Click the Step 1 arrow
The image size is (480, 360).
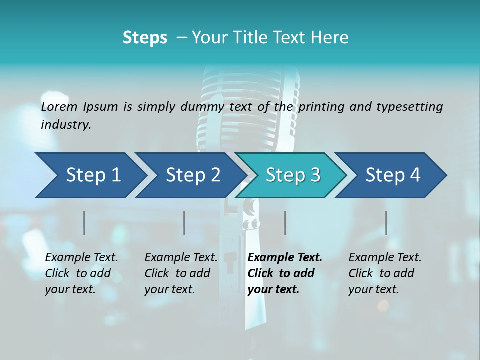coord(90,175)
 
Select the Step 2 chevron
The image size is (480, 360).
coord(192,175)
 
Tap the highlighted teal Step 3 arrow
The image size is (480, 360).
coord(292,175)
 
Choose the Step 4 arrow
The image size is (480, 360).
coord(392,175)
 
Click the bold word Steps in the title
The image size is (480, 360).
coord(145,38)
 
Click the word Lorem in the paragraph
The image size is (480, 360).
coord(59,106)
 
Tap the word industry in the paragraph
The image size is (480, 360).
coord(66,125)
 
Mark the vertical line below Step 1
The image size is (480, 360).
coord(84,223)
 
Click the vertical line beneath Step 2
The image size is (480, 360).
coord(184,223)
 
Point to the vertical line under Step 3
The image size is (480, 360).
coord(285,223)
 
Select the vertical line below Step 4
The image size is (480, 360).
coord(386,223)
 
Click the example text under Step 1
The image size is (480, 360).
coord(81,273)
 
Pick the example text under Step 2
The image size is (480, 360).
coord(181,273)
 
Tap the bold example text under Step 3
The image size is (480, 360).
coord(284,273)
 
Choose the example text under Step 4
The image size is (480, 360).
coord(385,273)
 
